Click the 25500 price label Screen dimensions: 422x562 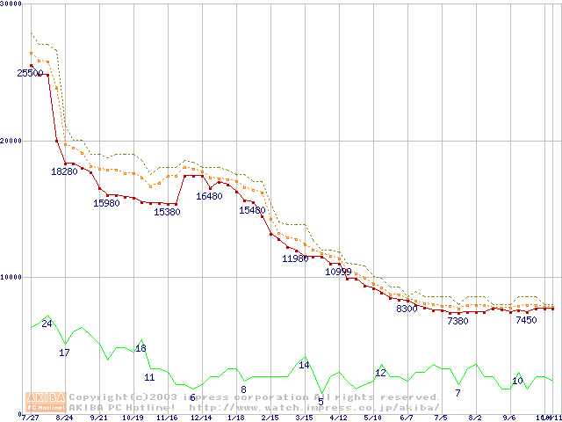click(x=30, y=74)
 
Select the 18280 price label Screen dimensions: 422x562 click(x=64, y=171)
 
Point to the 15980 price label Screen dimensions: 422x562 click(x=106, y=204)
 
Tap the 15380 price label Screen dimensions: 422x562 click(x=167, y=212)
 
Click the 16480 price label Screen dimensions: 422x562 click(x=209, y=197)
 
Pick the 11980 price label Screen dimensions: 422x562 click(x=295, y=259)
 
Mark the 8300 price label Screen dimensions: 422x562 click(x=407, y=309)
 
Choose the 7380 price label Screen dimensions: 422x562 click(x=458, y=322)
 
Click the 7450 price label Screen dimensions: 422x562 click(x=526, y=321)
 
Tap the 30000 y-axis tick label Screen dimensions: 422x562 click(x=11, y=4)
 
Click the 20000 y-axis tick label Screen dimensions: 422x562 click(x=11, y=141)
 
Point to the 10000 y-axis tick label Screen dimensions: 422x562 click(x=11, y=277)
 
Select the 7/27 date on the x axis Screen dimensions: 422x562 click(x=30, y=418)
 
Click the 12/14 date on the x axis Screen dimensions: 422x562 click(x=201, y=418)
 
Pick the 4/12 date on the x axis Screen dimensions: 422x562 click(x=338, y=418)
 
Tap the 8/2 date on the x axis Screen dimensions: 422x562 click(x=475, y=418)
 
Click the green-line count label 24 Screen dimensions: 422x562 click(x=47, y=324)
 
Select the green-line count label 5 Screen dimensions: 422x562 click(x=321, y=402)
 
